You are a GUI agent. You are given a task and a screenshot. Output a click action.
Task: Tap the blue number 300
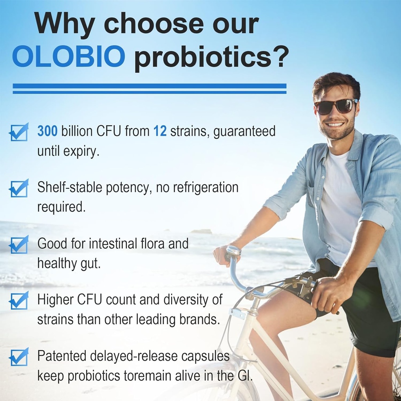point(47,132)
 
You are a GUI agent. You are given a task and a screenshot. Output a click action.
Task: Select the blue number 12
point(160,132)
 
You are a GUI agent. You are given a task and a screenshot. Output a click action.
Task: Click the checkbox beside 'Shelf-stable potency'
point(19,189)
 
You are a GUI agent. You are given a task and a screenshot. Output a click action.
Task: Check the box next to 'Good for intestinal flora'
point(19,245)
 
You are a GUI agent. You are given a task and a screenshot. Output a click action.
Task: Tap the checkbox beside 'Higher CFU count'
point(19,301)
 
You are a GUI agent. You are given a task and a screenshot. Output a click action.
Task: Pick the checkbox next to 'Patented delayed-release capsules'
point(19,357)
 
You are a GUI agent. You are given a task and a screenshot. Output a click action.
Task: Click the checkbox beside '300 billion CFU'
point(19,132)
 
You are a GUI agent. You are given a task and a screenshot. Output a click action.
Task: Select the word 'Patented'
point(61,356)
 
